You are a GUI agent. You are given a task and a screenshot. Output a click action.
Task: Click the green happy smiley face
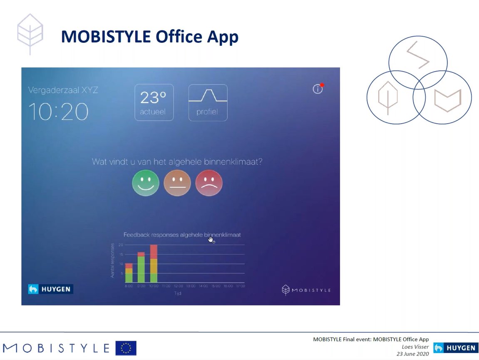click(146, 183)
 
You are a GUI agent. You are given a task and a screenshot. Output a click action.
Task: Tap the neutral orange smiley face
click(177, 183)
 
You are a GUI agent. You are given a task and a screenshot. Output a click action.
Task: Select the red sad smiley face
click(209, 183)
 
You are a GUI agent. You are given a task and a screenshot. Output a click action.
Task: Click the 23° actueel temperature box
click(154, 102)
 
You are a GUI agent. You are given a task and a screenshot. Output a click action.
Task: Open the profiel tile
click(208, 102)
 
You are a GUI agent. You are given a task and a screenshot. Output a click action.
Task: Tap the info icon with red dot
click(318, 89)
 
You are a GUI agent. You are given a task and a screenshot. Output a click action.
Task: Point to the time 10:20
click(58, 112)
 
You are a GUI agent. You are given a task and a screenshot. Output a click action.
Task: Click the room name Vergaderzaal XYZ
click(63, 90)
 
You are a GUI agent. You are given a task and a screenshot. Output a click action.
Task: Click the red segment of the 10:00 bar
click(154, 252)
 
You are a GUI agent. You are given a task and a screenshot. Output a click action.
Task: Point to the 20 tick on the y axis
click(121, 245)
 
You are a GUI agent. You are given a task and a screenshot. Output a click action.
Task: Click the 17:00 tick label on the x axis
click(241, 286)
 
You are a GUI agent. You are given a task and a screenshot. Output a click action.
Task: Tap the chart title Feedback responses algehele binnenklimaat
click(182, 235)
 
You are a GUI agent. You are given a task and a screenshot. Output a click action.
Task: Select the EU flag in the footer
click(126, 348)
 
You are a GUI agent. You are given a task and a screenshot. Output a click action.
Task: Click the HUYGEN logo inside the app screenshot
click(50, 289)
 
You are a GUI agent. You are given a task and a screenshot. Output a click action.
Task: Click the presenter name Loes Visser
click(415, 347)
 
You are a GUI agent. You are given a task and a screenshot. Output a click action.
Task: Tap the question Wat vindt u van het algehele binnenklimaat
click(177, 162)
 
